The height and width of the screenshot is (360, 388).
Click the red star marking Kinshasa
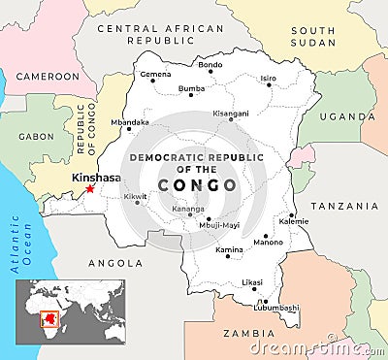pyautogui.click(x=90, y=188)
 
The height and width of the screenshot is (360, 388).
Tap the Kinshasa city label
pyautogui.click(x=96, y=178)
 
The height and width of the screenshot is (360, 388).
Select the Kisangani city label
pyautogui.click(x=232, y=113)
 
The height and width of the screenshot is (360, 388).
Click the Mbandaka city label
pyautogui.click(x=130, y=122)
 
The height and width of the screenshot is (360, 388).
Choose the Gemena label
pyautogui.click(x=155, y=74)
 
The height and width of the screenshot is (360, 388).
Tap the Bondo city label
pyautogui.click(x=210, y=65)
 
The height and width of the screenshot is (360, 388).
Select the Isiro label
pyautogui.click(x=268, y=78)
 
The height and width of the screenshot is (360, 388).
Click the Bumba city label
pyautogui.click(x=191, y=88)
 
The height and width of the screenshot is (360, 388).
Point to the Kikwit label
pyautogui.click(x=136, y=196)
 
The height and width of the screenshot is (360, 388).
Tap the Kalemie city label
pyautogui.click(x=294, y=221)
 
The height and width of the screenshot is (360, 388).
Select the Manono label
pyautogui.click(x=268, y=242)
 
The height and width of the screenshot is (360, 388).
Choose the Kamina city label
pyautogui.click(x=229, y=249)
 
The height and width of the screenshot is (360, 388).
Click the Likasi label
pyautogui.click(x=252, y=282)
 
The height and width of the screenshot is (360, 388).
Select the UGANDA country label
pyautogui.click(x=353, y=116)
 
